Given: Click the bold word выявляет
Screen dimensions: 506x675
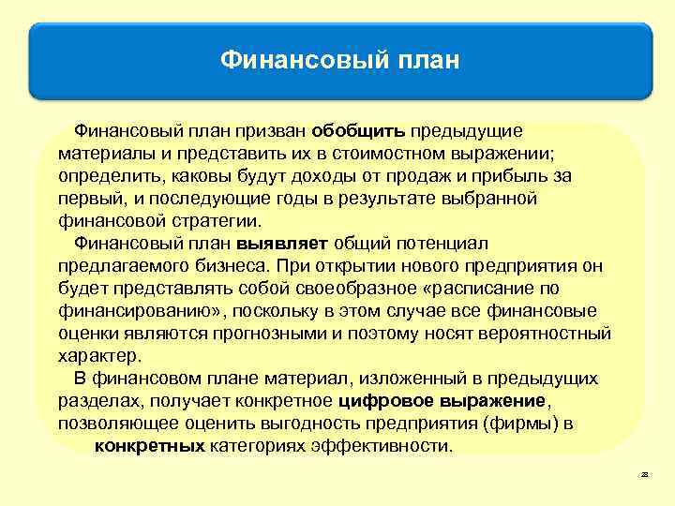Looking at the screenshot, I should coord(282,244).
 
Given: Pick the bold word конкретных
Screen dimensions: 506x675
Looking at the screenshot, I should coord(150,445).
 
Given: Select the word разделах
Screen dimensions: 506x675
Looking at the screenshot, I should coord(97,401).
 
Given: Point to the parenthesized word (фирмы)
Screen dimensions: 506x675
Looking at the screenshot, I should coord(521,424).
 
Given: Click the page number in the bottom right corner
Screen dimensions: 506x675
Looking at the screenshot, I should coord(644,476).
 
